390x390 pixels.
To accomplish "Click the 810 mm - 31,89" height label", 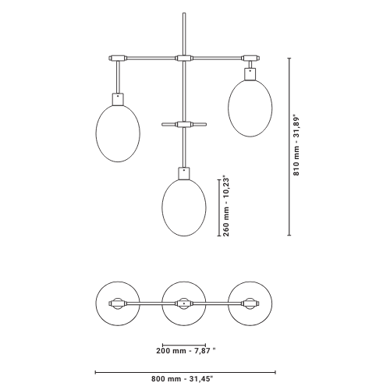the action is point(296,145).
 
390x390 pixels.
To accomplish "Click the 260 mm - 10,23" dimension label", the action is point(226,207).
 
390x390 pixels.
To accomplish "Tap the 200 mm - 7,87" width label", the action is point(186,351).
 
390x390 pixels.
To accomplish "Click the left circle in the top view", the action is point(96,303).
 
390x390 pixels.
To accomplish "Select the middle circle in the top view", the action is point(162,303).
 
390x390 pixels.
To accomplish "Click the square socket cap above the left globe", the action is point(118,99).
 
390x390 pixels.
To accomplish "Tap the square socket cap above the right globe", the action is point(250,74).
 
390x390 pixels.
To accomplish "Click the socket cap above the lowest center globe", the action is point(184,173).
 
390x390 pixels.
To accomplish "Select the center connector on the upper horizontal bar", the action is point(184,58).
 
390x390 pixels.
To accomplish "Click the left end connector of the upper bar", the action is point(118,58).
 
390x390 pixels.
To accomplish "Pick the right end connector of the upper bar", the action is point(250,58).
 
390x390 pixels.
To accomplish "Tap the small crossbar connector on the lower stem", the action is point(184,125).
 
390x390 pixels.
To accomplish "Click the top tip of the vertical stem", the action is point(184,13).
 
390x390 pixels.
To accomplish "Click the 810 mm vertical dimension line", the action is point(289,147).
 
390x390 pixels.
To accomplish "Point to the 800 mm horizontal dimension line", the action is point(186,372).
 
